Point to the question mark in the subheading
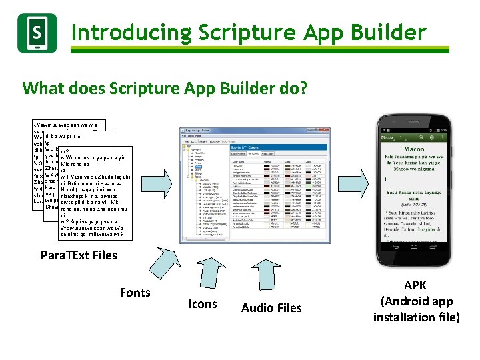[303, 88]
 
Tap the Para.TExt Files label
[79, 255]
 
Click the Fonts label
[135, 292]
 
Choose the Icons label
[202, 304]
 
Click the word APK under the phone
[416, 285]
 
